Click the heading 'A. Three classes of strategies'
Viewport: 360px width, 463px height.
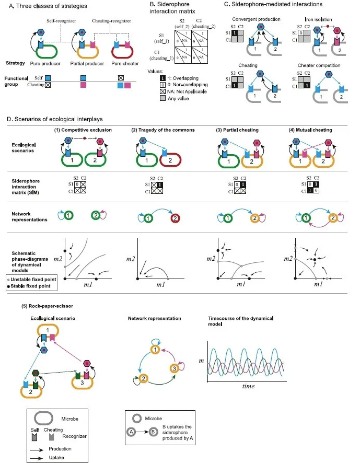[x=46, y=6]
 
